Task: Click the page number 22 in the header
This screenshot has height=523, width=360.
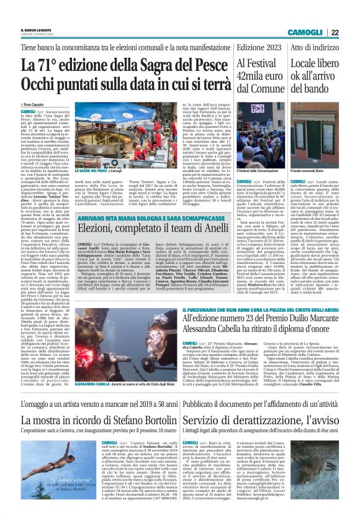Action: coord(351,32)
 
